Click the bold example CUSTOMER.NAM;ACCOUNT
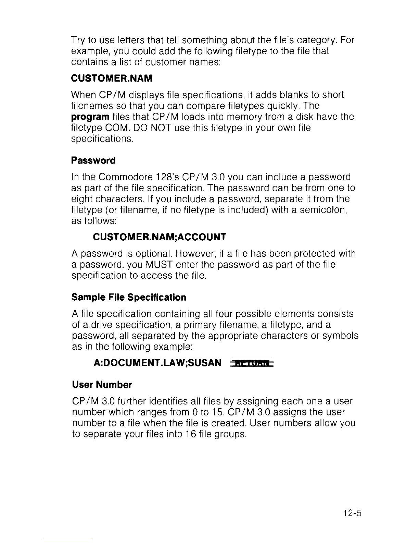160,237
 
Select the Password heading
93,160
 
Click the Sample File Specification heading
129,297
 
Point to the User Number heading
102,385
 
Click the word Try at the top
78,40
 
